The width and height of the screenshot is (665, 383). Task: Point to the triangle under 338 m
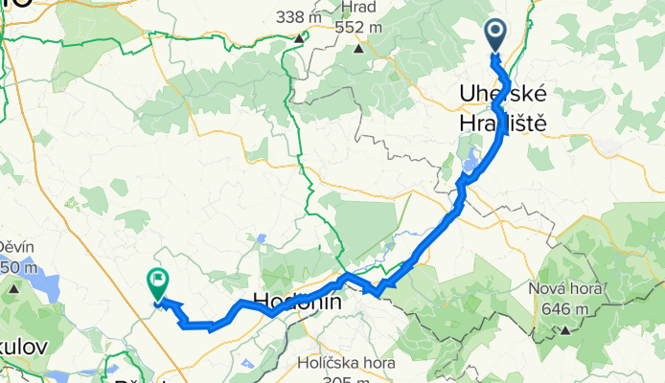299,39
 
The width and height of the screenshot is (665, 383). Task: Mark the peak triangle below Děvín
13,286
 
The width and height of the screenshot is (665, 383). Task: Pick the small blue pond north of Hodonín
262,238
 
